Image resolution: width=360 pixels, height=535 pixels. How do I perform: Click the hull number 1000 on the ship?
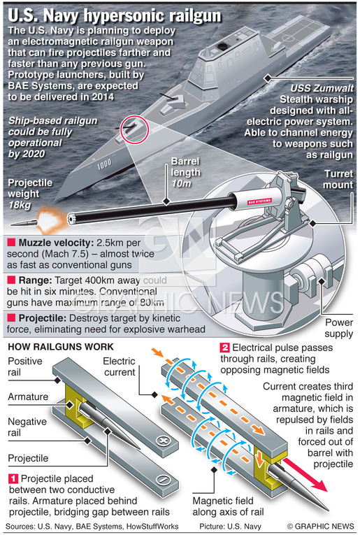(x=104, y=165)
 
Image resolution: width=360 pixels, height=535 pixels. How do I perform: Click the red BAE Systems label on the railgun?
(x=259, y=201)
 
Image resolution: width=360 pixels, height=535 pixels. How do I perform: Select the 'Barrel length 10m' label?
(x=185, y=172)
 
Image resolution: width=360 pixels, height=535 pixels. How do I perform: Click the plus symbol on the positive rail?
(x=163, y=440)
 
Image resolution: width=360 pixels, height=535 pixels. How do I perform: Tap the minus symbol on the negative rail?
(x=163, y=480)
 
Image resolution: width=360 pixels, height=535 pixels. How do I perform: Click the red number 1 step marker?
(x=13, y=478)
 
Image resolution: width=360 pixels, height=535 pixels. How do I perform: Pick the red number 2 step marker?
(x=224, y=348)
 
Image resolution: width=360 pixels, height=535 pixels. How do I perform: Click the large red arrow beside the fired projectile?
(x=304, y=474)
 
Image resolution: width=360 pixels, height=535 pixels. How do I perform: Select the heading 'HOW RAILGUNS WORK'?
(x=61, y=347)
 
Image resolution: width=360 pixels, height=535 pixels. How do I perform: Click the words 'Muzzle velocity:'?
(x=56, y=243)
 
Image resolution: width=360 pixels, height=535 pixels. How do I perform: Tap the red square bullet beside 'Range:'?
(x=11, y=280)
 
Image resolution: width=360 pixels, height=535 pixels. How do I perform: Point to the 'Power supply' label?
(x=338, y=328)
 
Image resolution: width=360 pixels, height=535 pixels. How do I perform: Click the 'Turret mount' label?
(x=338, y=180)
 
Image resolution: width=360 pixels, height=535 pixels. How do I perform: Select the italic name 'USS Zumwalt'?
(x=322, y=88)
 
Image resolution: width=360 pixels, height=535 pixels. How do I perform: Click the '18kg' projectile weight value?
(x=20, y=205)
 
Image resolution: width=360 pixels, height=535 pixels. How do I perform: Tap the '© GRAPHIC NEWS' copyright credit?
(x=320, y=526)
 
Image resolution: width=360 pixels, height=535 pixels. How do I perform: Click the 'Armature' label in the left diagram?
(x=28, y=397)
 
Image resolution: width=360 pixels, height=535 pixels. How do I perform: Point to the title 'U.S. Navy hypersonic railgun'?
(x=115, y=15)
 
